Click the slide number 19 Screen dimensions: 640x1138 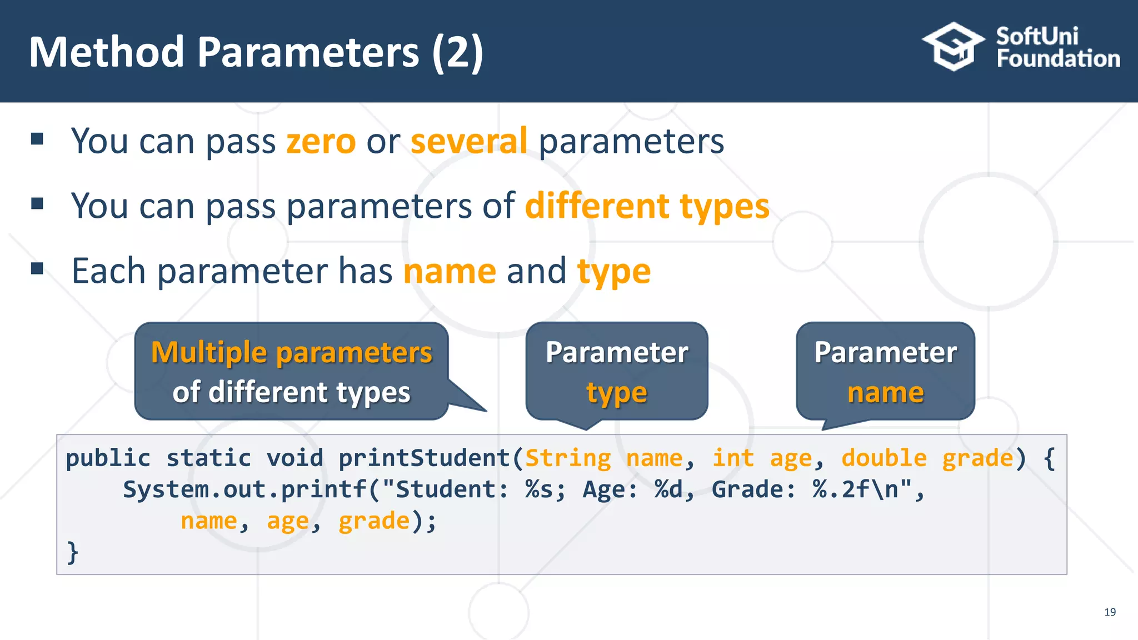1110,612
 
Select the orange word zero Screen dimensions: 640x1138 321,141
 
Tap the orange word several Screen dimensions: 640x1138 469,141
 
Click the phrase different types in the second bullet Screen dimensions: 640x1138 647,207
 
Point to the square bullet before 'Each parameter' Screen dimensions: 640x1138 37,269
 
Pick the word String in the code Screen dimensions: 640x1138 568,458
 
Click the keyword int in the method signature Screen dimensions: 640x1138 733,458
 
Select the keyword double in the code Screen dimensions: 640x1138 884,458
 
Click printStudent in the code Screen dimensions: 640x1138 424,458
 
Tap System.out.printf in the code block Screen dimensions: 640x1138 244,490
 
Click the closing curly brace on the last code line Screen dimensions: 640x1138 72,552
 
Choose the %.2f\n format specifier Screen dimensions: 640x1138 855,490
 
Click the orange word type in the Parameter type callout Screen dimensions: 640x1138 617,393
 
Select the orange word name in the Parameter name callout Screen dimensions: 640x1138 886,393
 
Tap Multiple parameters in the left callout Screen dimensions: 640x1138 292,353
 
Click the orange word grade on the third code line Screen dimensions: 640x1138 374,521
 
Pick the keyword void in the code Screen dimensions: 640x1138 295,458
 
